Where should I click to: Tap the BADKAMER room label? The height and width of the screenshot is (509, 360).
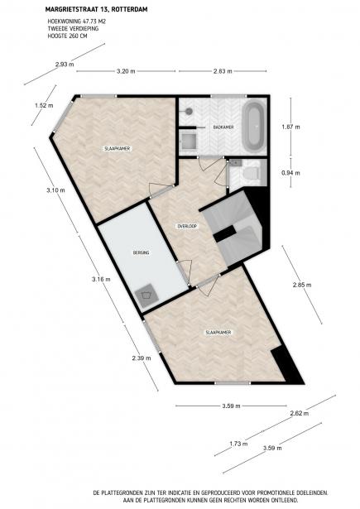222,127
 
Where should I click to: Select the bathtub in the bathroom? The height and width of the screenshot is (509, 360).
252,124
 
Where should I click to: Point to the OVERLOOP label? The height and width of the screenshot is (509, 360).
186,225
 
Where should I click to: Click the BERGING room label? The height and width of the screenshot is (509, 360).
140,252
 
